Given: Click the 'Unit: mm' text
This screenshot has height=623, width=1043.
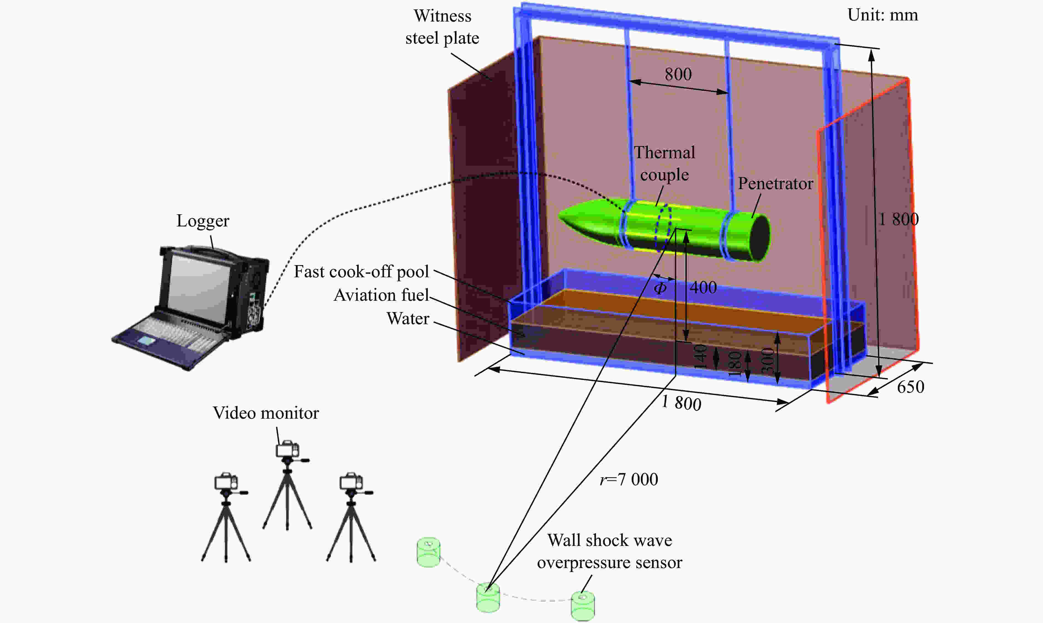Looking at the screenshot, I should (882, 15).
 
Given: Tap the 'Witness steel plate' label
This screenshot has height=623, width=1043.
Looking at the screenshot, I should (442, 27).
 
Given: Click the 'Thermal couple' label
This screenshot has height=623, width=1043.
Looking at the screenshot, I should (664, 163).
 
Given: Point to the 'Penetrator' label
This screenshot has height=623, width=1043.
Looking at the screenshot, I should (775, 183).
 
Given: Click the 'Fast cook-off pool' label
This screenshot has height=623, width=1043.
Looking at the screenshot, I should (361, 272).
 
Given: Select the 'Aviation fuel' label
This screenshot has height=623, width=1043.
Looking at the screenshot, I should (381, 295).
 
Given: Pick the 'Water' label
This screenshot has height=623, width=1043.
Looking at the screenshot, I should (408, 319).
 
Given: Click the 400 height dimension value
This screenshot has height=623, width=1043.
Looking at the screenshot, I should (703, 287).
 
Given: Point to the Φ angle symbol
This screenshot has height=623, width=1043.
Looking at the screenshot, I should (660, 288).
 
